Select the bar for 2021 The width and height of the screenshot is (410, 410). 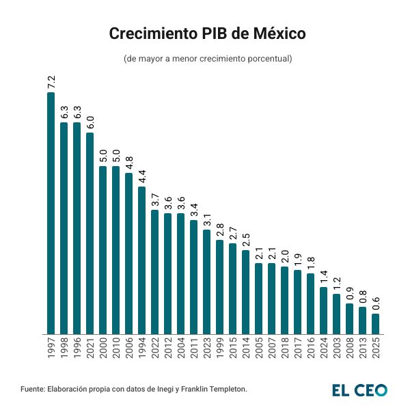tap(90, 233)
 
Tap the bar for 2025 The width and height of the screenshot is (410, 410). tap(375, 324)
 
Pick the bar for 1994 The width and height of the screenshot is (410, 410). tap(141, 260)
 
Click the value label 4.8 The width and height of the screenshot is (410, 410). tap(128, 163)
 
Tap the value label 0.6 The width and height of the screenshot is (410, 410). tap(375, 303)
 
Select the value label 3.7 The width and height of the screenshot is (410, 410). tap(154, 200)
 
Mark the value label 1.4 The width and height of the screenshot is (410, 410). tap(323, 277)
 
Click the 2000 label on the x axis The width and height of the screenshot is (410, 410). tap(102, 348)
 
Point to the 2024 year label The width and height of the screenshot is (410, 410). tap(323, 348)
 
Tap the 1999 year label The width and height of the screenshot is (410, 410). tap(219, 348)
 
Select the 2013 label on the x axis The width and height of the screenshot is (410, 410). tap(362, 348)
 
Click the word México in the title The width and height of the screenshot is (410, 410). tap(271, 33)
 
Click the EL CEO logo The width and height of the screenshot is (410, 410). tap(359, 389)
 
